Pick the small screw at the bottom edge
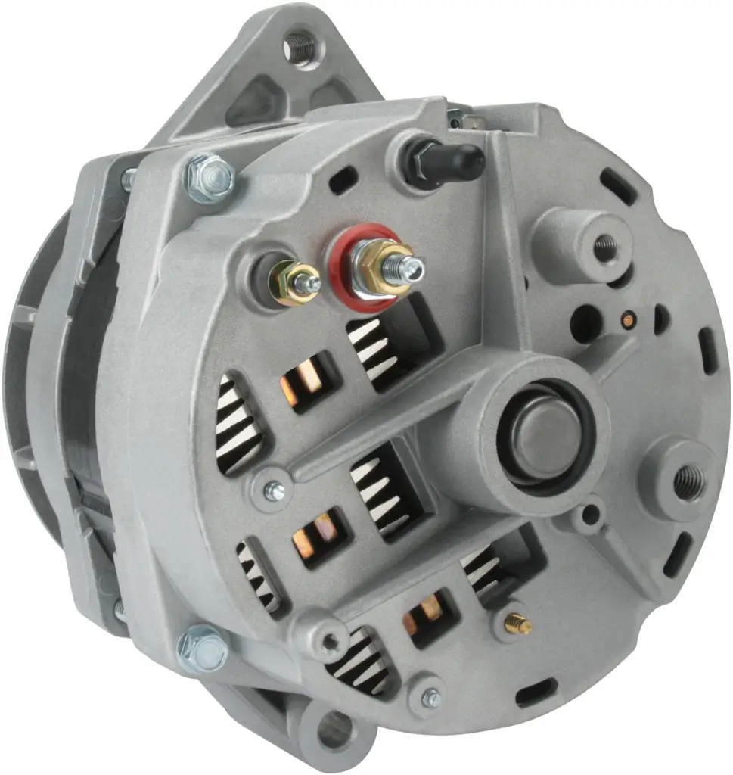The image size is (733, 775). click(431, 699)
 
